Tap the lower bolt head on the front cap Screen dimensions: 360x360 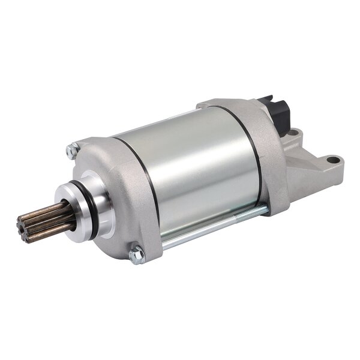[x=137, y=254]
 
